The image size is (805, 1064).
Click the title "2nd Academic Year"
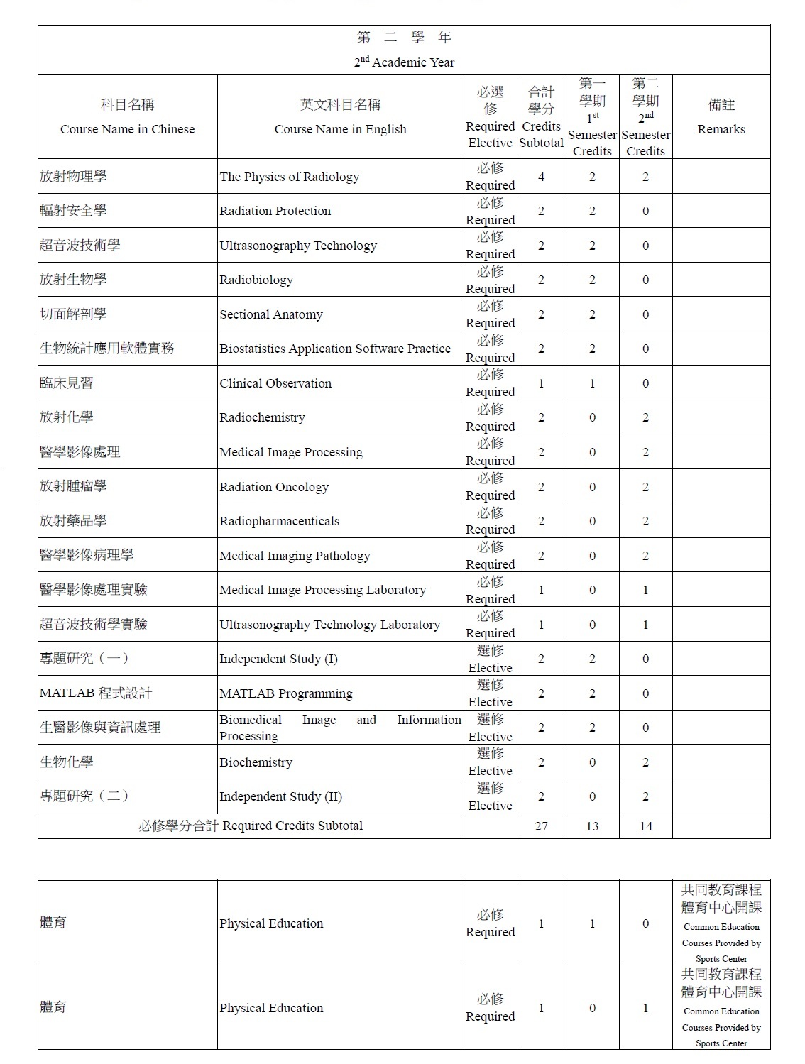pos(404,62)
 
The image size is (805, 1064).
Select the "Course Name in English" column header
pos(340,129)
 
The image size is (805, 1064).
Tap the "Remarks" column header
pos(721,129)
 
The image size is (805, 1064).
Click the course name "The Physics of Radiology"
pos(289,177)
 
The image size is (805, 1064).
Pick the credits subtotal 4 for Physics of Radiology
pos(541,177)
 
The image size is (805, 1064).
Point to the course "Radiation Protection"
pos(275,211)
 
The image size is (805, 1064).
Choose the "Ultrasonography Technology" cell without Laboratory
pos(298,246)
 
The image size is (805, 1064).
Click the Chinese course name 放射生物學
pos(73,280)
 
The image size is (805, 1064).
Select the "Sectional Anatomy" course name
pos(270,314)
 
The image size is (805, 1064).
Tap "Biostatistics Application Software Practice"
pos(334,349)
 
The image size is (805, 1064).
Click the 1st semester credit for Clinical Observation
pos(592,383)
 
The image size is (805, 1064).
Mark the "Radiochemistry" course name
pos(262,417)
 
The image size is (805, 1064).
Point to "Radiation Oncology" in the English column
pos(274,487)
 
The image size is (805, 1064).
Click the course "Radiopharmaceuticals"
pos(279,521)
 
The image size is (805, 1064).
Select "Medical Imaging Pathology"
pos(295,556)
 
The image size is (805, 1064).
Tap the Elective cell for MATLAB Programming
pos(490,693)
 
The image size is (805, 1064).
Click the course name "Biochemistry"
pos(256,762)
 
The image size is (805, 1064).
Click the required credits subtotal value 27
pos(541,826)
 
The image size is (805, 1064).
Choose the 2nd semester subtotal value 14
pos(645,826)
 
